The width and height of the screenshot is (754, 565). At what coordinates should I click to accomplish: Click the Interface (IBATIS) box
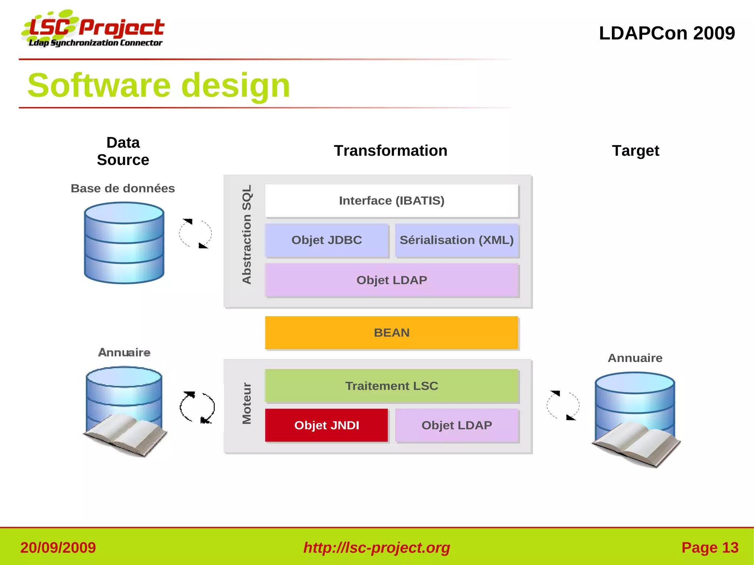point(391,201)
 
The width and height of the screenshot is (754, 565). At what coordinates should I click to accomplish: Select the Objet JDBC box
point(327,240)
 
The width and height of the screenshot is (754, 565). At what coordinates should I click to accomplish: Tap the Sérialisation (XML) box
point(457,240)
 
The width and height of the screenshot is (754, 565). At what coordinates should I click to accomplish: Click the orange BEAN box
point(391,332)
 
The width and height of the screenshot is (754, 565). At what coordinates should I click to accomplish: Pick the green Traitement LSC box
point(391,385)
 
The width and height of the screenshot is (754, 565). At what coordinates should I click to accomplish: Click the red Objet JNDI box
point(327,425)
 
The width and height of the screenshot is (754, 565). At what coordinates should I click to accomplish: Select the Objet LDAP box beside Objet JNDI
point(457,425)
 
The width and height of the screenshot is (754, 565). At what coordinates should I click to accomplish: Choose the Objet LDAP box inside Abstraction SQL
point(391,280)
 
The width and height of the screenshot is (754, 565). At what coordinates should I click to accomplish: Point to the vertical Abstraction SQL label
point(247,234)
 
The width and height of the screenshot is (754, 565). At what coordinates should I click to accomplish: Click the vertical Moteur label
point(247,403)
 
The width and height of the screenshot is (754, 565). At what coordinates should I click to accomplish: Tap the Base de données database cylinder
point(124,243)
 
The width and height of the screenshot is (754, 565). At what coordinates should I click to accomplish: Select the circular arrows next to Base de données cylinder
point(195,234)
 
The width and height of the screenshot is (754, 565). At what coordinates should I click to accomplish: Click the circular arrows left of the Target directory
point(563,405)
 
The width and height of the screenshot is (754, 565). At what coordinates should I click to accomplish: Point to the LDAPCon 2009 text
point(667,33)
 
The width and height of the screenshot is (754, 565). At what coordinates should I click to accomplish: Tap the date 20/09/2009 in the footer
point(58,547)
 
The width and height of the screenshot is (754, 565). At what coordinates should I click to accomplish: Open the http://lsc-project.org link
point(377,547)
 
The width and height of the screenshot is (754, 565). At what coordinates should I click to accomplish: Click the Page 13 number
point(709,547)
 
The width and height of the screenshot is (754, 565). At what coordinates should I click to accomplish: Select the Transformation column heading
point(390,151)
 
